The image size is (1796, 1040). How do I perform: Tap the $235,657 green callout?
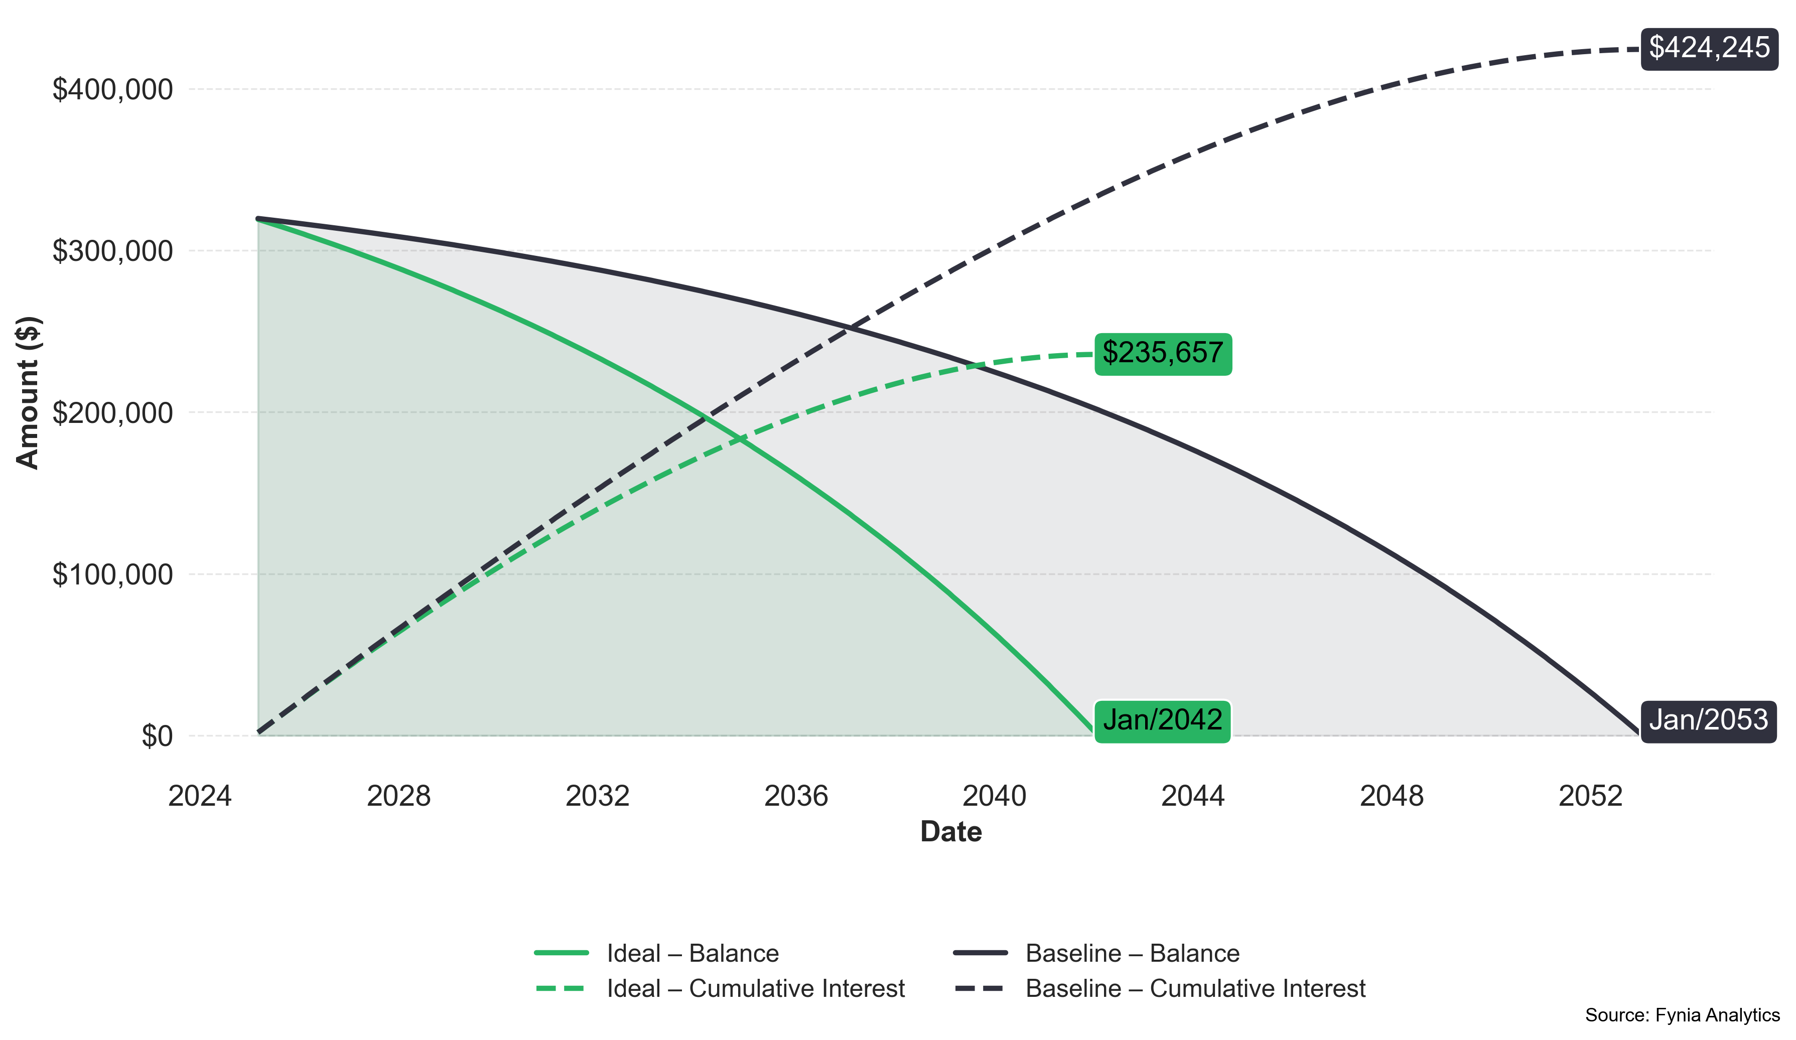[1162, 353]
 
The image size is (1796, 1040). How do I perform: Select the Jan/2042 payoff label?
[1162, 720]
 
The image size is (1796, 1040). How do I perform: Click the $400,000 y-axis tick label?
[112, 90]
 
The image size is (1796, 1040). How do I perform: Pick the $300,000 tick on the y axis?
[112, 251]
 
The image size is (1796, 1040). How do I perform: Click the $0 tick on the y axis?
[157, 736]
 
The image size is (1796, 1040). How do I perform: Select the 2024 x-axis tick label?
[200, 796]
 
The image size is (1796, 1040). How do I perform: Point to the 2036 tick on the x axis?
[796, 796]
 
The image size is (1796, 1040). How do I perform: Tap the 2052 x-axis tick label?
[1590, 796]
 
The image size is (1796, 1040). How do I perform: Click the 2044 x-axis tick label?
[1193, 796]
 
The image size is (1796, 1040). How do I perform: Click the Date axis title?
[951, 832]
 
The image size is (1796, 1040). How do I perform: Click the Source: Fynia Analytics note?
[1682, 1015]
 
